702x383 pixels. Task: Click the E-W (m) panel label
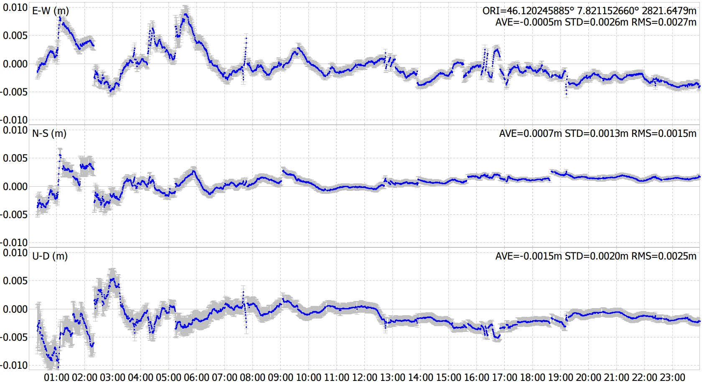pos(51,11)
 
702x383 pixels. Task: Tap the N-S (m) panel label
pos(49,134)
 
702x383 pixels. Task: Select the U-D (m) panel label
pos(50,256)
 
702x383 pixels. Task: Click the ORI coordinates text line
pos(589,11)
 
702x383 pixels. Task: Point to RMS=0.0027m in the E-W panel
pos(664,22)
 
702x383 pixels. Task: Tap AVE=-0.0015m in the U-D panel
pos(529,256)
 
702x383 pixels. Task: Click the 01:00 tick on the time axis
pos(56,377)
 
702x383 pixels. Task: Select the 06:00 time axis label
pos(196,377)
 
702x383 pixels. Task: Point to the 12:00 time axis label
pos(364,377)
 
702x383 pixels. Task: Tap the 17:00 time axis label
pos(504,377)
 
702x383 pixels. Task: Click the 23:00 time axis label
pos(672,377)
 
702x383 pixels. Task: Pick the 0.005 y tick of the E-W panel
pos(15,36)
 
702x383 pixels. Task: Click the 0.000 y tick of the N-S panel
pos(15,186)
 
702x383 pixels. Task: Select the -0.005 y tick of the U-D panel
pos(14,337)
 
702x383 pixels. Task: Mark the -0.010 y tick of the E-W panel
pos(14,120)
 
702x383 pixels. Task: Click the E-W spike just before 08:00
pos(246,39)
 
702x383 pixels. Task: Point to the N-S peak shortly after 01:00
pos(60,155)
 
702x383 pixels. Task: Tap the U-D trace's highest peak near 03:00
pos(112,278)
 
